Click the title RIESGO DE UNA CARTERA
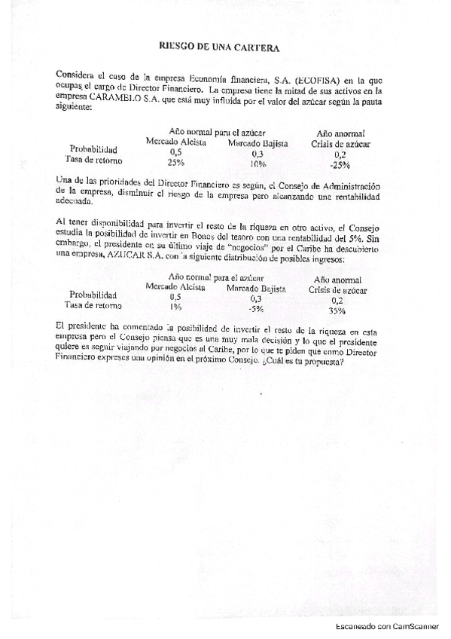[220, 47]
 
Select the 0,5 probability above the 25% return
[176, 152]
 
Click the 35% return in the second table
[337, 311]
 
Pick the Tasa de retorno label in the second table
[95, 306]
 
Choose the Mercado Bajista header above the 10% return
[257, 142]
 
